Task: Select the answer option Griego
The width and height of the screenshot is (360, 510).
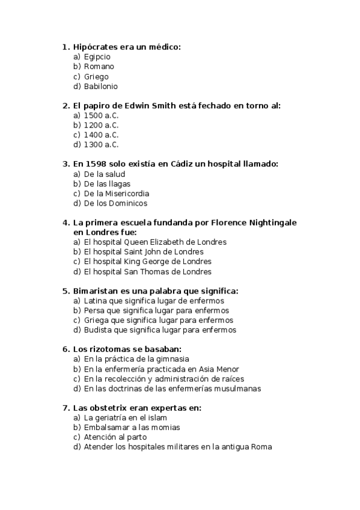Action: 96,76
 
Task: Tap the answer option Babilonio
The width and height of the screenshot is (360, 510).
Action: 100,87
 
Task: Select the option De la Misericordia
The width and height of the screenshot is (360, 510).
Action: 117,194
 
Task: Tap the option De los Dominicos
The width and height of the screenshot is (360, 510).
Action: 115,203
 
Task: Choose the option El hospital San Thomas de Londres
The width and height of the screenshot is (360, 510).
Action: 147,271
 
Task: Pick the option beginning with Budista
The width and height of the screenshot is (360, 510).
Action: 160,330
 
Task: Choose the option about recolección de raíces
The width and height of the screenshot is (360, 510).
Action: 163,379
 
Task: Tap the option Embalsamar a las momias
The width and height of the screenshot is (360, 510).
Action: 132,427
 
